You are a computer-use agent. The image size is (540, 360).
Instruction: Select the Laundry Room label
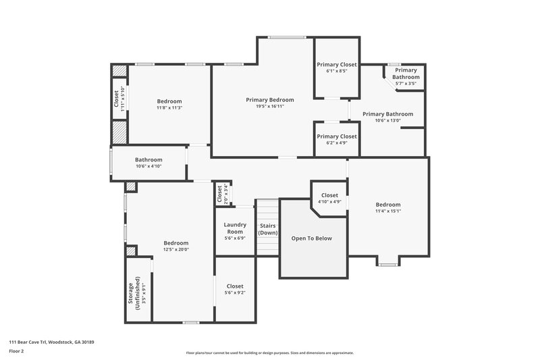[234, 228]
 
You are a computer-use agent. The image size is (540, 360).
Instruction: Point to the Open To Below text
[311, 238]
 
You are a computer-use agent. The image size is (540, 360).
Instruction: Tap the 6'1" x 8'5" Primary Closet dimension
[336, 70]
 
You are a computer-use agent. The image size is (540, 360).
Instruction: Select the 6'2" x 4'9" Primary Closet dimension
[336, 143]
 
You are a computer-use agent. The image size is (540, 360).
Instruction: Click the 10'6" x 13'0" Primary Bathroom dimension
[387, 121]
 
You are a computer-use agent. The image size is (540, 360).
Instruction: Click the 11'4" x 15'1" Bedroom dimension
[388, 211]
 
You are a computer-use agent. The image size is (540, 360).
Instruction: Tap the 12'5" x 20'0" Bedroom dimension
[175, 250]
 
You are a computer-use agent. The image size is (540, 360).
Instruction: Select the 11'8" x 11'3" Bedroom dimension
[169, 107]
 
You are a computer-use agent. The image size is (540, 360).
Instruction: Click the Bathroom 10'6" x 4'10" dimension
[148, 166]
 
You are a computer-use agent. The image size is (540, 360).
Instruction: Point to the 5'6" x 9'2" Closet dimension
[235, 292]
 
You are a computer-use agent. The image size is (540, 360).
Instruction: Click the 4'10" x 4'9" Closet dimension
[329, 202]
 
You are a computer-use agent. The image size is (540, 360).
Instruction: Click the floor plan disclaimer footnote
[269, 353]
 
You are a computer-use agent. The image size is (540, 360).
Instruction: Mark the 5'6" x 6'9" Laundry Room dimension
[234, 238]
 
